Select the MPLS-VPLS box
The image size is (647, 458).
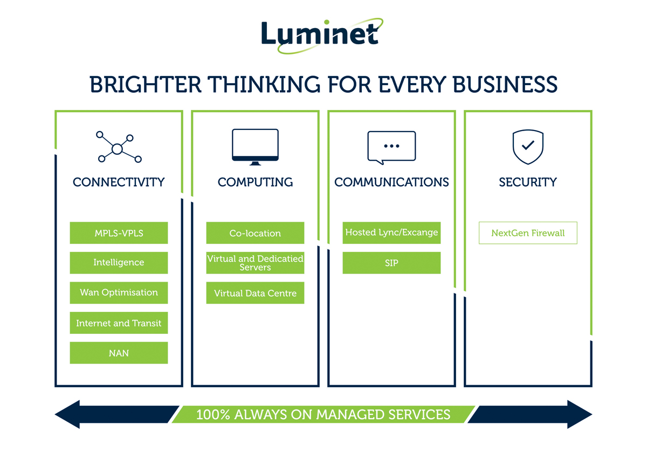[119, 233]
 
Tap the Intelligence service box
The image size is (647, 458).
[119, 263]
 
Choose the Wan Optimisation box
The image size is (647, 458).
[119, 292]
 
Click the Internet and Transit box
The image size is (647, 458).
[119, 323]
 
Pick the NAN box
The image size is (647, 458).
[119, 353]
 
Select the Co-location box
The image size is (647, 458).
[255, 233]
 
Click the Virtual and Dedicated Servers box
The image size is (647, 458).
[255, 263]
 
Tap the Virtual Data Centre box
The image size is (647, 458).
[255, 293]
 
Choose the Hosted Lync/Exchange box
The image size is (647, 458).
[391, 233]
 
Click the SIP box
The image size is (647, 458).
[391, 263]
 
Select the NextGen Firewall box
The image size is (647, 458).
[528, 233]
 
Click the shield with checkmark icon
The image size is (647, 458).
[528, 146]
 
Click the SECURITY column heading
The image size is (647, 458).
[528, 182]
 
